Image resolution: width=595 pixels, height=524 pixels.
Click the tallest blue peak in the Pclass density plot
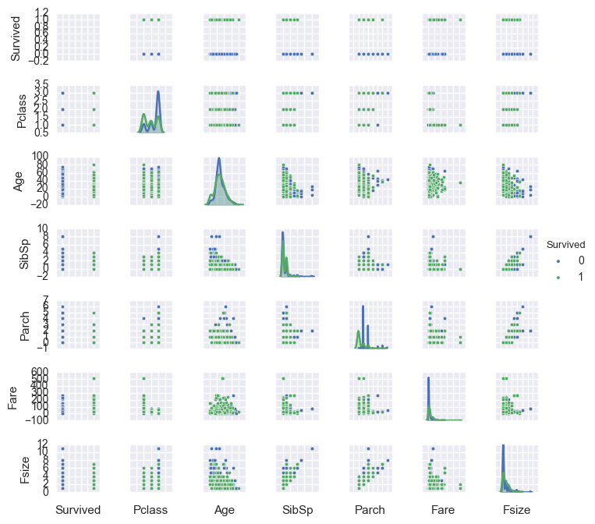tap(158, 92)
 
